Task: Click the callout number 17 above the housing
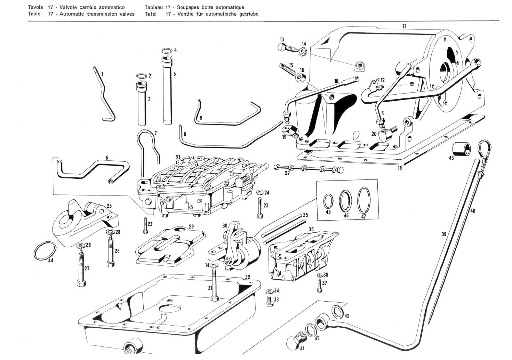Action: pyautogui.click(x=404, y=26)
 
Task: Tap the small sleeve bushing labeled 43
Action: pyautogui.click(x=461, y=149)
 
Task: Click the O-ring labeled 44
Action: pyautogui.click(x=45, y=250)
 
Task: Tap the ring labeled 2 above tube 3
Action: pyautogui.click(x=141, y=76)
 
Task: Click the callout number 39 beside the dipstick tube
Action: pyautogui.click(x=443, y=234)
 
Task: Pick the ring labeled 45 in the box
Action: pyautogui.click(x=328, y=201)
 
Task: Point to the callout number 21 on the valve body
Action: pyautogui.click(x=178, y=157)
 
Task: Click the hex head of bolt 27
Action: pyautogui.click(x=79, y=283)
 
